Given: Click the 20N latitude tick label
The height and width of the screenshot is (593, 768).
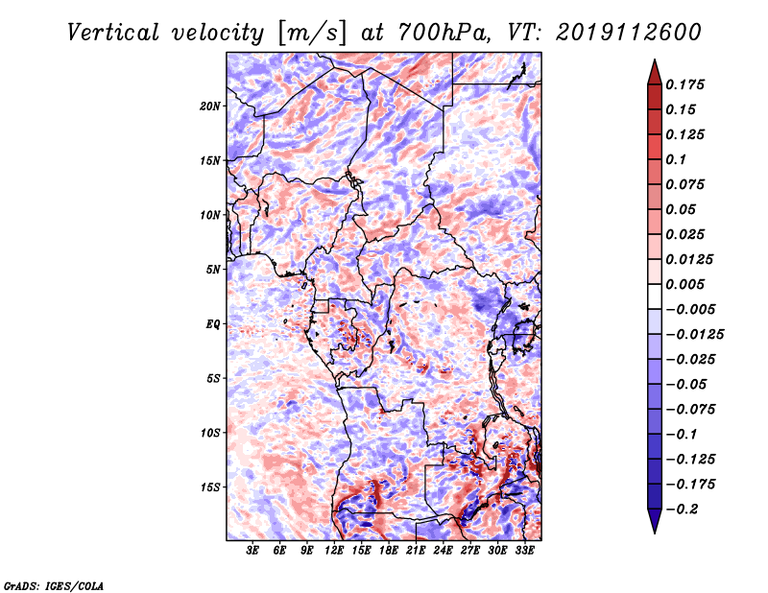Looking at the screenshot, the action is coord(210,107).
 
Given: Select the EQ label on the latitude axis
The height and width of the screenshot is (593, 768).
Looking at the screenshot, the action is coord(213,324).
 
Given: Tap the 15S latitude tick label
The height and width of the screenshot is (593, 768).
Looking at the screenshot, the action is coord(210,487).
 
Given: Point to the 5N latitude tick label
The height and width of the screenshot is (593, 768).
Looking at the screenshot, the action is coord(213,270).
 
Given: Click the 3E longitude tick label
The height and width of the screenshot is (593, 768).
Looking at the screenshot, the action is coord(252,551).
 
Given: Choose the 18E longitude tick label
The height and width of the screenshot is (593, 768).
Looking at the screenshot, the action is coord(389,551).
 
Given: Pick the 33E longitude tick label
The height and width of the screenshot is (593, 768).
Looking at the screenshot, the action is coord(524,551).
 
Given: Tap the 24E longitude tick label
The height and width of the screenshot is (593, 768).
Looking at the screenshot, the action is coord(443,551).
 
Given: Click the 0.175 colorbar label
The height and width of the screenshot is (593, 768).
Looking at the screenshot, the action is coord(684,84).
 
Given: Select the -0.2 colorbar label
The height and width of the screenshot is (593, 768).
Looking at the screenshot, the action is coord(681,510).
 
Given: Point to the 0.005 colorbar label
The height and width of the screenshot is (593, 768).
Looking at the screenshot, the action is coord(684,284).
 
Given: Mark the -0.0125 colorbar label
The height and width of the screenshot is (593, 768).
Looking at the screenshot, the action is coord(694,335).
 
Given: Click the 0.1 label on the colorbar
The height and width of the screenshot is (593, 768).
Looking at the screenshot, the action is coord(676,159).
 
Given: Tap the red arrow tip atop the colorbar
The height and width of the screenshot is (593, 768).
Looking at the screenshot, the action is coord(655,59).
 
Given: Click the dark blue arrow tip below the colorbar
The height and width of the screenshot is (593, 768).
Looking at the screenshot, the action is coord(655,533).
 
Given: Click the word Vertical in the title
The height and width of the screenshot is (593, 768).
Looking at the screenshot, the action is coord(113,34).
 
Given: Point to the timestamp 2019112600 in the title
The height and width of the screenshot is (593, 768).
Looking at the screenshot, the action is coord(629,33).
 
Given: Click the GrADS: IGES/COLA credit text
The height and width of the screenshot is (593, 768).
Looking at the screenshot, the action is coord(54,586).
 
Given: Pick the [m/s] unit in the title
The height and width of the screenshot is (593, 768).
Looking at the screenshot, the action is coord(312,34).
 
